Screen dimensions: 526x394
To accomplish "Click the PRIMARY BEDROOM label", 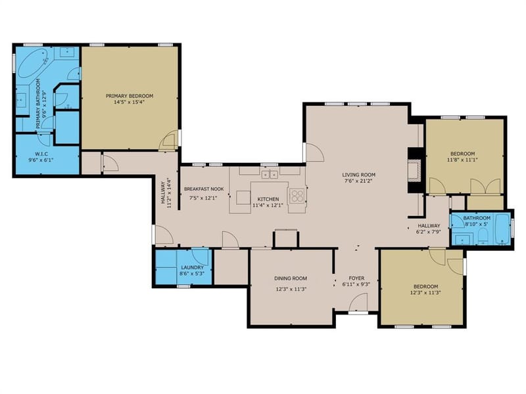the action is (130, 96).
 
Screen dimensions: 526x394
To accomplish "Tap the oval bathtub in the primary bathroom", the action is (32, 63).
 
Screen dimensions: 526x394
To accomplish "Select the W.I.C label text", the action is (41, 154).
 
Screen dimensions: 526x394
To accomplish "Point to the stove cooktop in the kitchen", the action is (297, 195).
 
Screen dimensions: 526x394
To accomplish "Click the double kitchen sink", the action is (270, 174).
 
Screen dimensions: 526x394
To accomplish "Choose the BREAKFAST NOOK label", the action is (204, 189).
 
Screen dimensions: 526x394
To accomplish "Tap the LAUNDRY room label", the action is (192, 267).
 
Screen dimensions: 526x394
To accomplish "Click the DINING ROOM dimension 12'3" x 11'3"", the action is (291, 289).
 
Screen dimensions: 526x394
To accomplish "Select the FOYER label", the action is (356, 278).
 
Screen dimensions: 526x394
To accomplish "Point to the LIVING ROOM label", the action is (358, 175).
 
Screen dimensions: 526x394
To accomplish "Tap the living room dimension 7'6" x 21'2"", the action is (358, 181).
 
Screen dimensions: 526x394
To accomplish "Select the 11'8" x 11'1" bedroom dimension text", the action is (462, 160).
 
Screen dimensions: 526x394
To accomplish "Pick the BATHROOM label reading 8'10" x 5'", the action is (477, 221).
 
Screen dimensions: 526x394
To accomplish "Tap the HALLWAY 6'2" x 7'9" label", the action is (429, 229).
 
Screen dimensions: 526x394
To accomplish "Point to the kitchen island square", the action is (243, 198).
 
